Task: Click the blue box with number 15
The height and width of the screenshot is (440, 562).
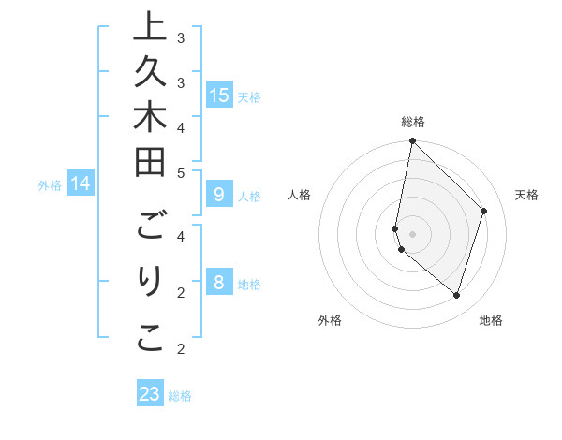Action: point(219,95)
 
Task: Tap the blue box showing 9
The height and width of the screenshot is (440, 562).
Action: point(219,195)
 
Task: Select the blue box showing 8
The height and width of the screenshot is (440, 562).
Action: point(219,283)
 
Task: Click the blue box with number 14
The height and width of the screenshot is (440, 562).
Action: point(81,184)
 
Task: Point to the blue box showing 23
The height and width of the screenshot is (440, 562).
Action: point(150,394)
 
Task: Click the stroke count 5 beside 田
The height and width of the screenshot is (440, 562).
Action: point(181,172)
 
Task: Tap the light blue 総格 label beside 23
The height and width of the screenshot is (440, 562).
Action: point(181,396)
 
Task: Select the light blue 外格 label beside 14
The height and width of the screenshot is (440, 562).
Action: point(50,185)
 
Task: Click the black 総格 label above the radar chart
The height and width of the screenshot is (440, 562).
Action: point(412,122)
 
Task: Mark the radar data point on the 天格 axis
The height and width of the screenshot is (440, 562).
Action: point(484,211)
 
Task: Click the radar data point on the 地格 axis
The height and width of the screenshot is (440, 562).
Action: point(456,295)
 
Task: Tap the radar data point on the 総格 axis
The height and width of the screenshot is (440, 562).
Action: point(412,141)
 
